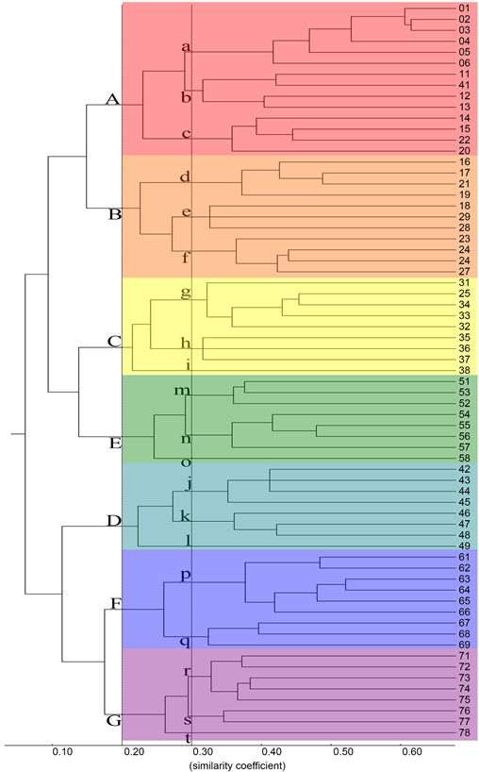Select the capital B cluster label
[x=115, y=214]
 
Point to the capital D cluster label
[x=113, y=521]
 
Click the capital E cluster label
[x=115, y=442]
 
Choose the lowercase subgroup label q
[x=186, y=642]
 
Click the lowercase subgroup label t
[x=188, y=738]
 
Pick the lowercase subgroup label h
[x=186, y=343]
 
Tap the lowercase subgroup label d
[x=186, y=176]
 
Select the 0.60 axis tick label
[x=411, y=752]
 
